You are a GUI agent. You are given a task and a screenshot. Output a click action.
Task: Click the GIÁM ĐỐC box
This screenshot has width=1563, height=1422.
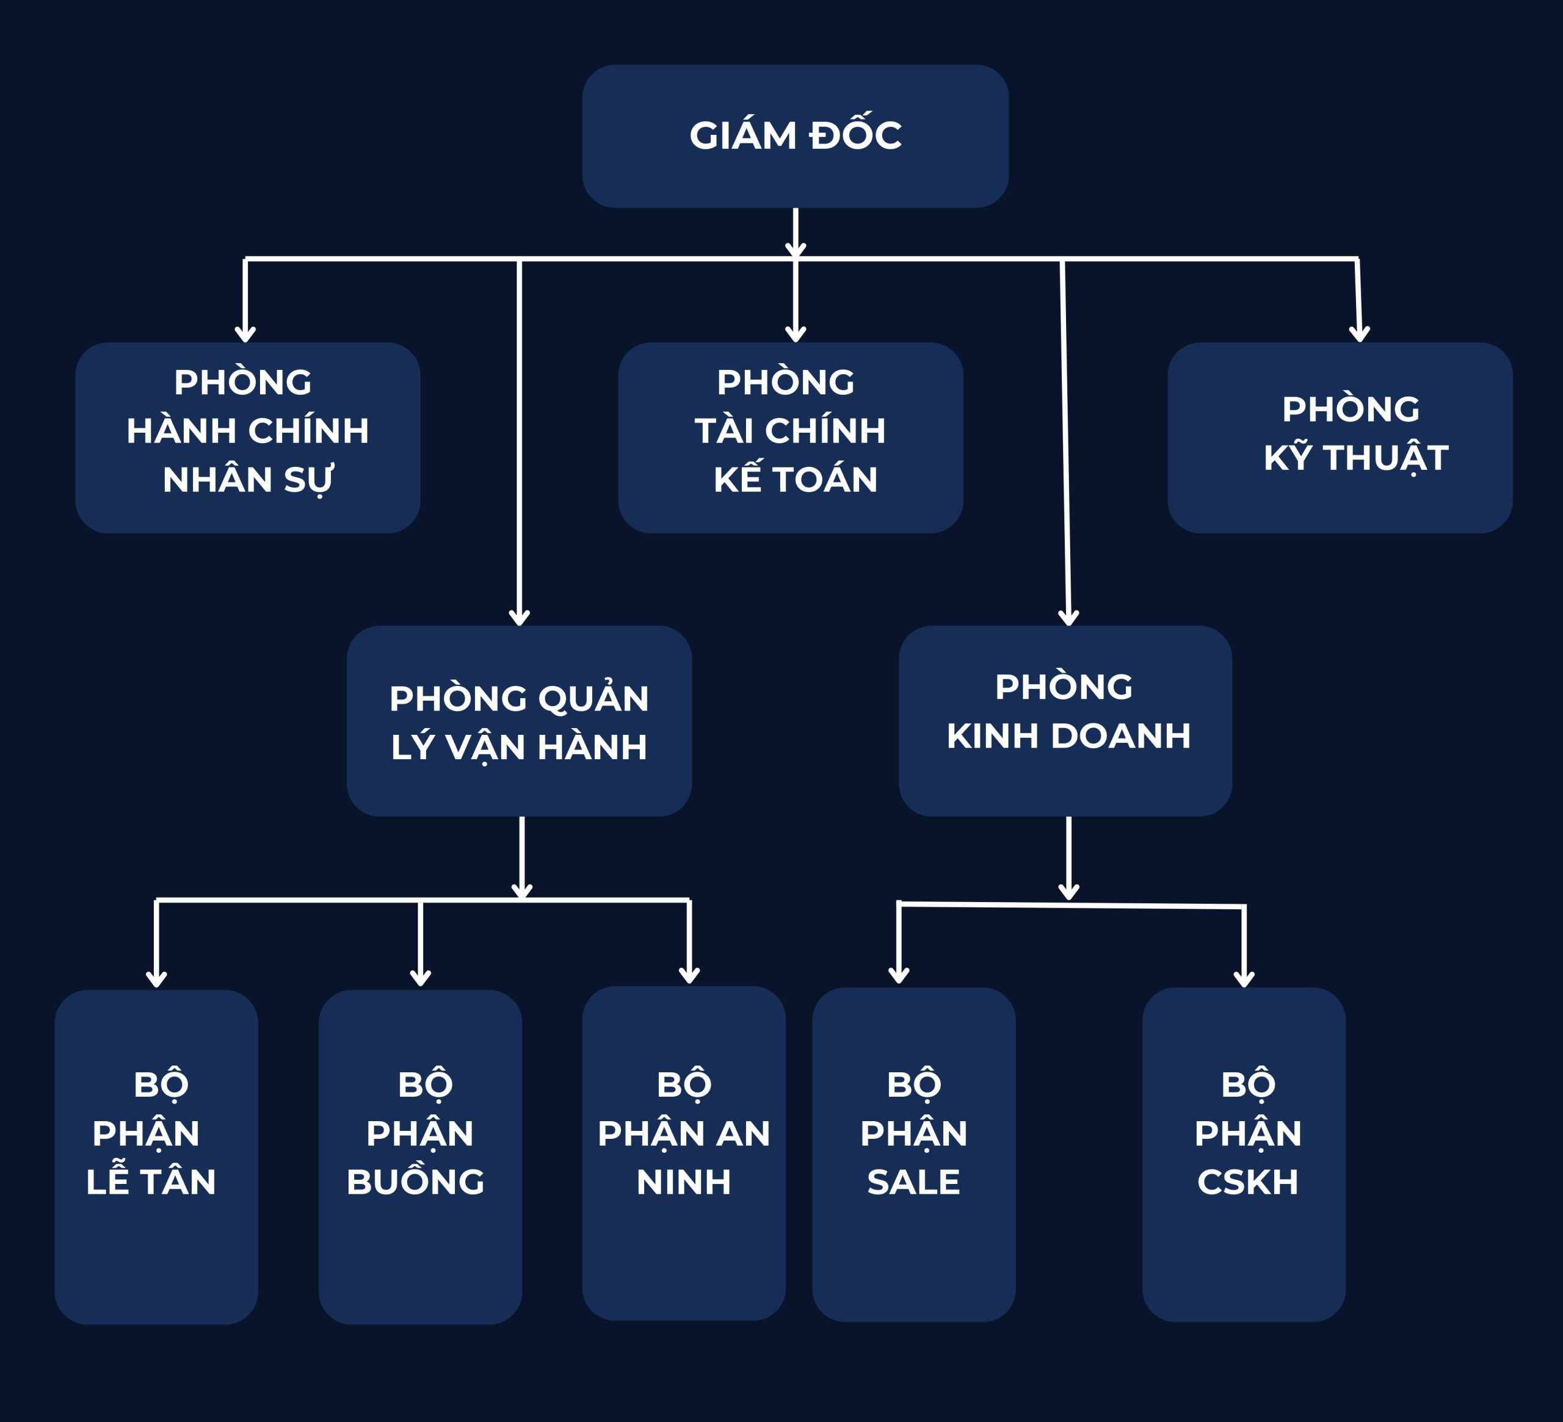coord(796,136)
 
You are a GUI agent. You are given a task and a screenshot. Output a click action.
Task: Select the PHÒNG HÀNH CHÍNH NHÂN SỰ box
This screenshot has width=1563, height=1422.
coord(248,438)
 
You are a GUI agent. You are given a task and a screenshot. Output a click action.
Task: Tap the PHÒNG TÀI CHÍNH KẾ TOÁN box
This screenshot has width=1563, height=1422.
coord(791,438)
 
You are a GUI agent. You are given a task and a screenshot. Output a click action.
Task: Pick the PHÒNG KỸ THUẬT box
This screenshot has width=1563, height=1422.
coord(1340,438)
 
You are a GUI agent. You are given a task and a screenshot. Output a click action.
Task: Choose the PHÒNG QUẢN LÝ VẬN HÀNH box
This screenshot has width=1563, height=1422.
coord(520,721)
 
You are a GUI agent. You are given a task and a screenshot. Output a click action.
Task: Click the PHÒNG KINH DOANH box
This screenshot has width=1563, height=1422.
coord(1065,721)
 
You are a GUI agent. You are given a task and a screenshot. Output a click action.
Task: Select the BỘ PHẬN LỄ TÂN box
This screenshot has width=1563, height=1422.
coord(157,1157)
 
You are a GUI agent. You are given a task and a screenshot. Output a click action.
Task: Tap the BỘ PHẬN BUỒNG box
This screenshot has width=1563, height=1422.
coord(420,1157)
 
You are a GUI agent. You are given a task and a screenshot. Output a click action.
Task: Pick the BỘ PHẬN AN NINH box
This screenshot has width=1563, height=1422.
coord(684,1154)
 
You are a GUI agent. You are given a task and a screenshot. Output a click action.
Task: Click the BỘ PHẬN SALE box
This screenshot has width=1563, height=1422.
coord(914,1155)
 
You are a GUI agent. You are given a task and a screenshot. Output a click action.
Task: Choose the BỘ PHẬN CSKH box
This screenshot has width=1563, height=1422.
coord(1244,1155)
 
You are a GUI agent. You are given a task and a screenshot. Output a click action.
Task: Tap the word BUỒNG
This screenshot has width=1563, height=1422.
coord(416,1180)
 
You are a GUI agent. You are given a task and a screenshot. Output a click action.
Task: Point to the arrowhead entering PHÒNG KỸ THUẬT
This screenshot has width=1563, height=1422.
coord(1360,335)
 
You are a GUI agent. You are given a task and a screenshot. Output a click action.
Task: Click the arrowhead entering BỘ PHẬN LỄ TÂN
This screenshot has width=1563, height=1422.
coord(157,980)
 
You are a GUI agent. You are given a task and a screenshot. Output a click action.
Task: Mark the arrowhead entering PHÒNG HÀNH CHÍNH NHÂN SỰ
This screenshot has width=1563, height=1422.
coord(245,335)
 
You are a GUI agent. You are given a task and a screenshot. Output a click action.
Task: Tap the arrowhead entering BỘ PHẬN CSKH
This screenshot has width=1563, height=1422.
coord(1244,980)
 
